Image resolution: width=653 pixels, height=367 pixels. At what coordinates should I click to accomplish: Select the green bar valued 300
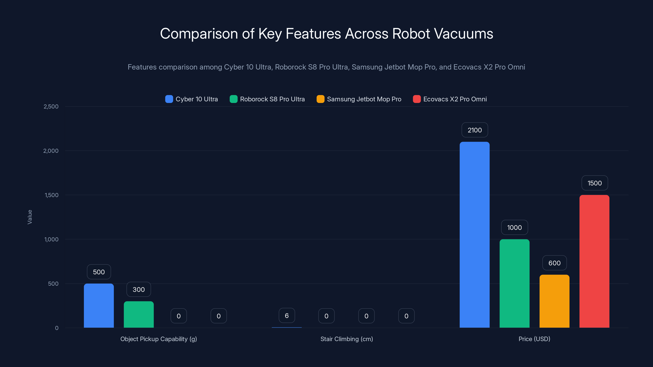pos(139,314)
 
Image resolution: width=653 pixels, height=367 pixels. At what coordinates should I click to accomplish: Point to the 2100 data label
pos(474,130)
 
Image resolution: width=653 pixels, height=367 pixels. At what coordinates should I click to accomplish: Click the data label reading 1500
pos(594,183)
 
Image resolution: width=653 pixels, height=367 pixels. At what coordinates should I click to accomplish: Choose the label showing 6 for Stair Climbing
pos(287,316)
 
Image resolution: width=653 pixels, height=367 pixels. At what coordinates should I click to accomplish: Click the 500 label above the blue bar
pos(99,272)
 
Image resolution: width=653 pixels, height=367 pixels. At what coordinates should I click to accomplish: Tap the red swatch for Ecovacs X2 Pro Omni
pos(417,99)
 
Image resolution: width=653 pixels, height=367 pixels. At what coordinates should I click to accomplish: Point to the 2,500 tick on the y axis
pos(51,107)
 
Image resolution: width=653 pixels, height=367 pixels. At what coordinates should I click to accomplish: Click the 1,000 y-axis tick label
pos(51,239)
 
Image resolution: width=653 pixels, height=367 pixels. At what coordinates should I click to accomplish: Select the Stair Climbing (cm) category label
pos(346,339)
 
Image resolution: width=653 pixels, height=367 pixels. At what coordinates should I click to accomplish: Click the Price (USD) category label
pos(534,339)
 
